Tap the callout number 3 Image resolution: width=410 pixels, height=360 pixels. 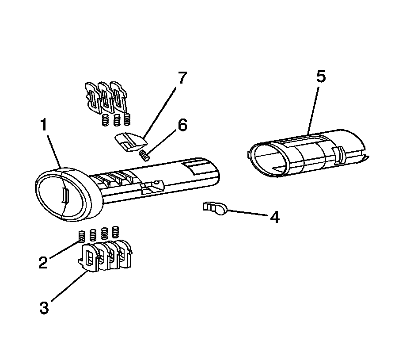[x=44, y=307]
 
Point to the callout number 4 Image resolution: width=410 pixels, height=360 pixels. [x=274, y=217]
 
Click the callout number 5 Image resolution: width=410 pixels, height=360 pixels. [x=321, y=77]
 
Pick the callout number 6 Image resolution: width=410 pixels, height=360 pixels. [x=182, y=125]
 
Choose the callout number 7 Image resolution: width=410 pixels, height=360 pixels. [x=182, y=78]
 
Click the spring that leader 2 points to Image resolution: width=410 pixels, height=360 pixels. [x=82, y=236]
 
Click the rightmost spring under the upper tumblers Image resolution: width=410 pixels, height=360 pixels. [x=127, y=119]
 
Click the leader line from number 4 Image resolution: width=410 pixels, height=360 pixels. [x=247, y=214]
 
